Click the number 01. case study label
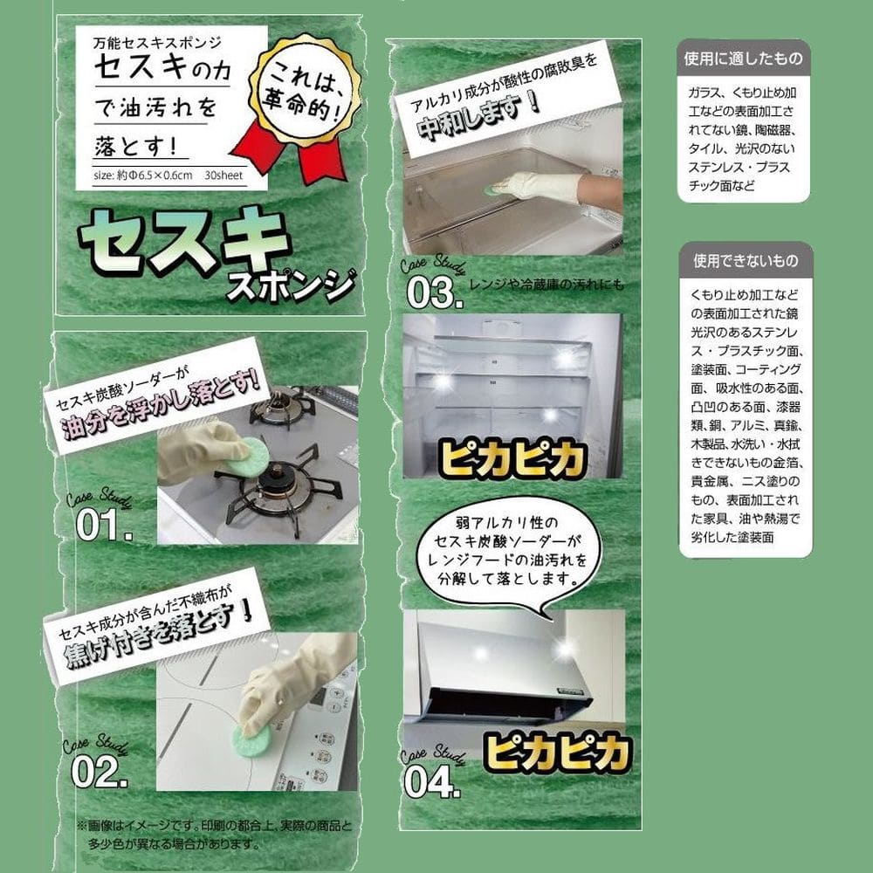click(x=104, y=525)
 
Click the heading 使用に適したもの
click(x=743, y=58)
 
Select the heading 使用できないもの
click(x=746, y=260)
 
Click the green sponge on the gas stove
click(x=247, y=457)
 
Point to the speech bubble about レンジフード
click(x=509, y=551)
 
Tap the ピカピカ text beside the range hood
click(x=557, y=753)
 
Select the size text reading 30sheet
click(x=223, y=175)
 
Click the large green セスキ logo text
click(x=183, y=244)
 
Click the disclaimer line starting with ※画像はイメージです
click(x=215, y=826)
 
